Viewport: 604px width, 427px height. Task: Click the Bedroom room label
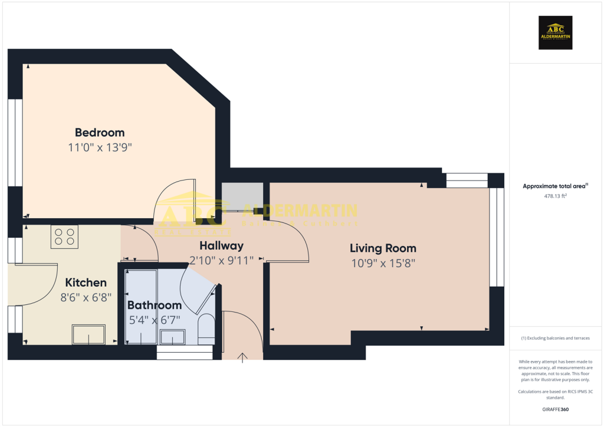100,132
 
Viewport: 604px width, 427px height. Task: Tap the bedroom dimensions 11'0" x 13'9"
100,147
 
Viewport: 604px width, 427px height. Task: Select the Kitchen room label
86,283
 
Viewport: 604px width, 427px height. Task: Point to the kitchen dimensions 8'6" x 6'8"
86,298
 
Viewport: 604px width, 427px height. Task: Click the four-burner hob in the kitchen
64,237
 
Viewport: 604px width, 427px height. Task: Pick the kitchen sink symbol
88,334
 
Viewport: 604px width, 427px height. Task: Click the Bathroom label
155,305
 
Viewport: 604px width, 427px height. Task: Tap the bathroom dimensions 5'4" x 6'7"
155,320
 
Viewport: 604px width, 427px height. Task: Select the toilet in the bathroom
206,328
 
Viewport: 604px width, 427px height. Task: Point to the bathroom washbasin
172,337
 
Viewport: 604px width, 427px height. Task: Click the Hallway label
221,245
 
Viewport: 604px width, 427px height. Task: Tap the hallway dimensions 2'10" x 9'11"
221,260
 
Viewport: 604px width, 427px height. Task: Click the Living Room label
383,248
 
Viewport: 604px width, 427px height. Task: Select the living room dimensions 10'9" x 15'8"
383,264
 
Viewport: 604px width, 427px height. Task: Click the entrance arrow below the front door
242,356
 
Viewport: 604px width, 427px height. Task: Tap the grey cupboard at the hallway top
242,197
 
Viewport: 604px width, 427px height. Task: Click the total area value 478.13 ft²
555,196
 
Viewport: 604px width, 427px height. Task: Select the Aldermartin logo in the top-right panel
556,32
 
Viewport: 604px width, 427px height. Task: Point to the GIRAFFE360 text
555,409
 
